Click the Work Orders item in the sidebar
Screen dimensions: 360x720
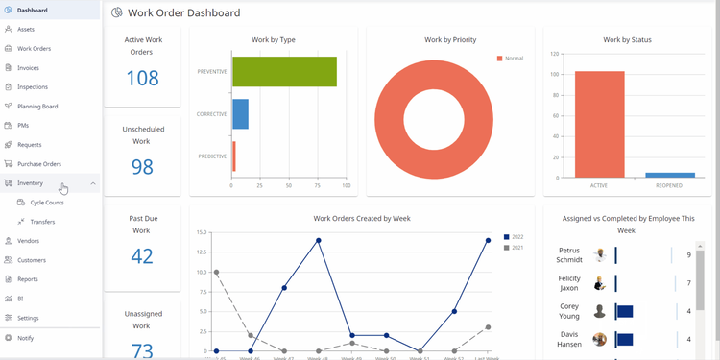tap(34, 48)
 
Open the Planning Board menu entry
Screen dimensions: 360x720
tap(37, 106)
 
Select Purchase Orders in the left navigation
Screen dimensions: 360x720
tap(38, 163)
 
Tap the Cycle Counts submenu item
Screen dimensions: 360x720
tap(47, 203)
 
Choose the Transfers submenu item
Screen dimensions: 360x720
tap(42, 222)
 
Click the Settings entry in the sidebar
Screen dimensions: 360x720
tap(28, 318)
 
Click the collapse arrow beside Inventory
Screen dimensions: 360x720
tap(93, 182)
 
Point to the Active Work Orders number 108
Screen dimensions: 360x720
tap(142, 78)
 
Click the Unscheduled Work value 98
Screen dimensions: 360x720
tap(142, 166)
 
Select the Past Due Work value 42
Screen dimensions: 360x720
tap(142, 256)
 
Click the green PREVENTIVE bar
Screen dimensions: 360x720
tap(284, 72)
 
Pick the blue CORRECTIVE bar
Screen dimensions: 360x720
tap(240, 114)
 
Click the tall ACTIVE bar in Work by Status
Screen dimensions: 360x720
tap(599, 125)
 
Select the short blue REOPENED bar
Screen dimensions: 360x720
tap(669, 175)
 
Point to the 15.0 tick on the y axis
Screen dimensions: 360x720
tap(202, 232)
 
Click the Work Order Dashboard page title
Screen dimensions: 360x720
tap(183, 12)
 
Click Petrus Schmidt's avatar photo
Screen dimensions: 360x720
tap(600, 255)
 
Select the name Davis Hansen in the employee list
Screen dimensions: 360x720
tap(569, 339)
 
